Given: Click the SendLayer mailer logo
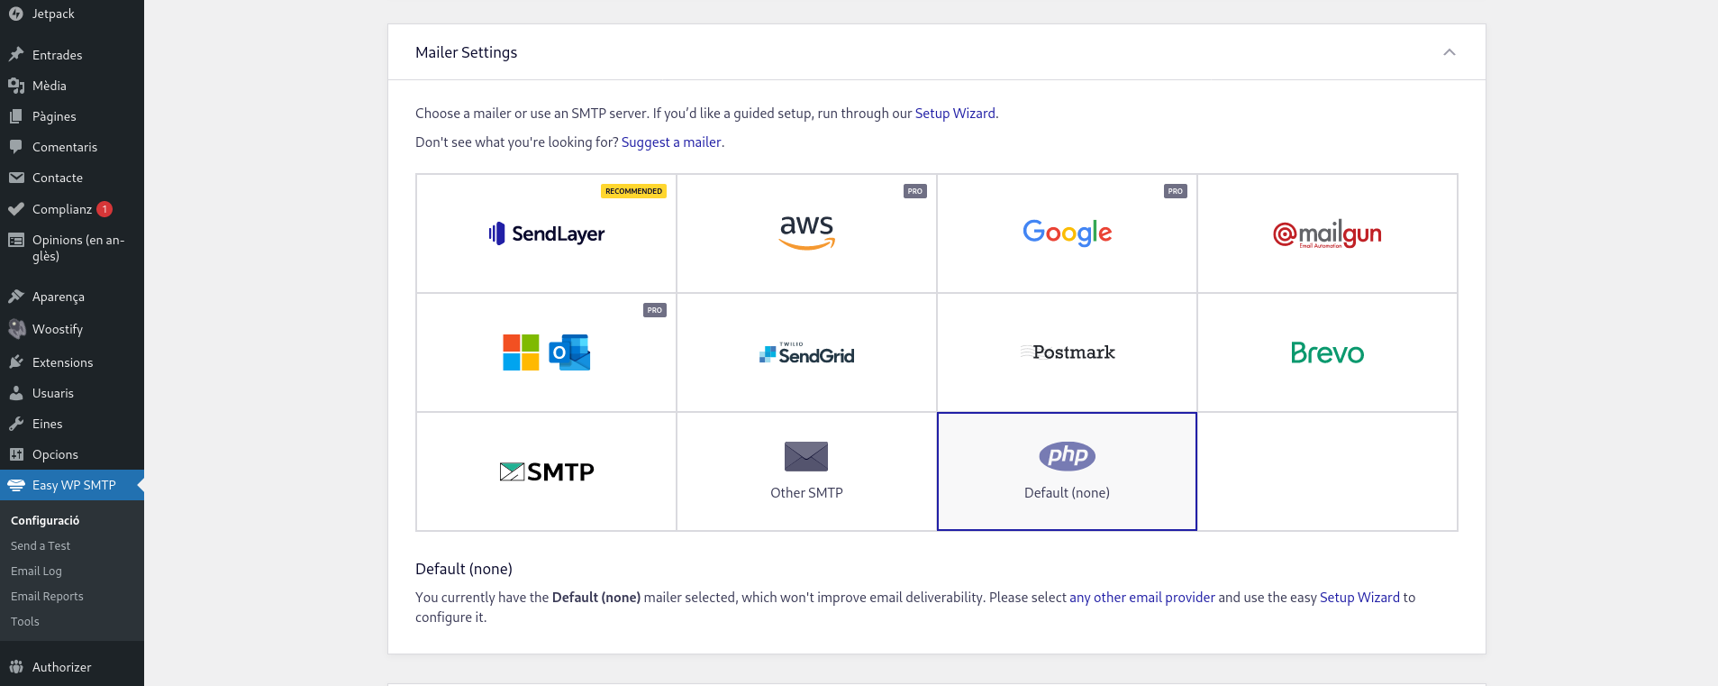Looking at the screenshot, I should [x=546, y=233].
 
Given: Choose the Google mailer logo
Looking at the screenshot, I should [x=1067, y=233].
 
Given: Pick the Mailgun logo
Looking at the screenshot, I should [x=1327, y=234].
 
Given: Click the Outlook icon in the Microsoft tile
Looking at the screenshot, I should [x=570, y=352].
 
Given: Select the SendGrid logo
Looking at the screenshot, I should [x=807, y=353].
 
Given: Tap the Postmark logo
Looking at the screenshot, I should [x=1068, y=352].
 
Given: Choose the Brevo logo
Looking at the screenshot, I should [x=1327, y=352].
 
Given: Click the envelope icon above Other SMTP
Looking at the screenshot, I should [x=806, y=457].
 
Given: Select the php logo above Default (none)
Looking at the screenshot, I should [x=1067, y=456].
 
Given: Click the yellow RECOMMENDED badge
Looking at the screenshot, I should [x=633, y=191].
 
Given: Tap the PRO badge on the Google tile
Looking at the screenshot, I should [x=1175, y=191].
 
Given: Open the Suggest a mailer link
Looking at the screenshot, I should [x=671, y=142].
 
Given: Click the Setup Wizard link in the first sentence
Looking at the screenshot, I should [x=955, y=114].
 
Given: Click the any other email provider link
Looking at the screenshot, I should [x=1141, y=598].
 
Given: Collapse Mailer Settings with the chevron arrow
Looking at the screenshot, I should [x=1449, y=52].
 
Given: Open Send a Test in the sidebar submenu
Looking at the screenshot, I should [x=41, y=546].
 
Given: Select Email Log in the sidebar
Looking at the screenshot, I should [x=36, y=572].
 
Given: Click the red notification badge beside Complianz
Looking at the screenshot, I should [x=105, y=209].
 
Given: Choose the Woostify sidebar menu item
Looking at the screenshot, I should [x=58, y=330].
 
